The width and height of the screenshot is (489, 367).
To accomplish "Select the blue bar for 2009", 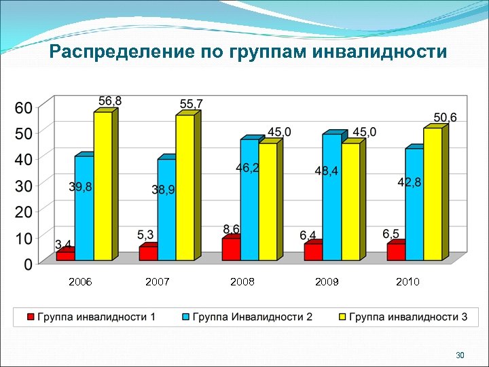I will [331, 197].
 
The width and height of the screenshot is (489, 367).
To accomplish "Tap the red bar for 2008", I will [231, 249].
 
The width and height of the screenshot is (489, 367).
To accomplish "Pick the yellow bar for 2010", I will [433, 194].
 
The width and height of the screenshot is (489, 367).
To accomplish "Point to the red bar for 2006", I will [66, 256].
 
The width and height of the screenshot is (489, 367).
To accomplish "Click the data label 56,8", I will [110, 101].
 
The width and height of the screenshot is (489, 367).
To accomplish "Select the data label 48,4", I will [327, 171].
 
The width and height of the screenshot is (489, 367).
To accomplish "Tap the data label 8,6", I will [232, 229].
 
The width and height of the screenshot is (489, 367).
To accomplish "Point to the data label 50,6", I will [446, 118].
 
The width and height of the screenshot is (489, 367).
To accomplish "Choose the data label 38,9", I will [163, 190].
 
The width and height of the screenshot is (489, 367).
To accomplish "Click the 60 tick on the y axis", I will [24, 107].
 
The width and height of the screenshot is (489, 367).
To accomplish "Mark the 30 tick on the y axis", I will [24, 186].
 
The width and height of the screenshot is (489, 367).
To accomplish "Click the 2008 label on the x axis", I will [242, 281].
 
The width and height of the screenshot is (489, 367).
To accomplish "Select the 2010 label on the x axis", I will [407, 281].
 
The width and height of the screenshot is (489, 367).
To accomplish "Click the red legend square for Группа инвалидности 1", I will [31, 317].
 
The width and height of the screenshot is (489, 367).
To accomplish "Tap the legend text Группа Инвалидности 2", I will [253, 317].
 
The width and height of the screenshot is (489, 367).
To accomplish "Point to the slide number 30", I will [460, 356].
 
